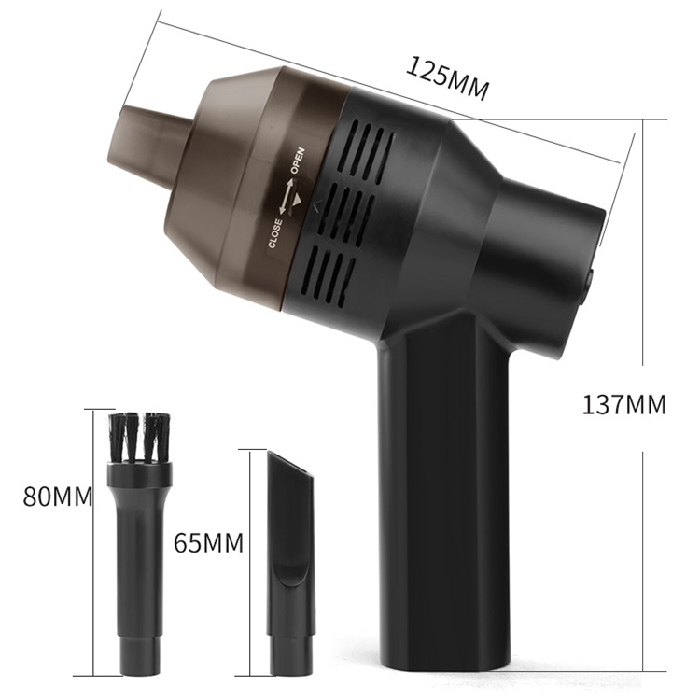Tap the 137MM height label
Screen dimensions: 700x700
[623, 405]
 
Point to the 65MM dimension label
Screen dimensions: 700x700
[209, 542]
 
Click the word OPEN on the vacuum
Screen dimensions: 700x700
[298, 161]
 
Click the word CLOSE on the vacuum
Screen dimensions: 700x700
[275, 234]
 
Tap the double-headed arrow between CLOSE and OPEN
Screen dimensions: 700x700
[286, 196]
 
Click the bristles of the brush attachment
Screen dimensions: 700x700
[139, 437]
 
